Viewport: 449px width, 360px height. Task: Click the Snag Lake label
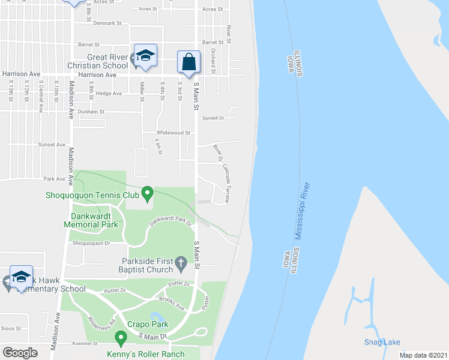click(x=382, y=343)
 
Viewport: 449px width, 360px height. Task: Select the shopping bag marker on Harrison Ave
click(x=188, y=63)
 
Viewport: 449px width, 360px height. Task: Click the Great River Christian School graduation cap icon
click(x=145, y=56)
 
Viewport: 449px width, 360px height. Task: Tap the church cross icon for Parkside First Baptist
click(x=181, y=262)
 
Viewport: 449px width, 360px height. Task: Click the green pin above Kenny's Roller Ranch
click(x=121, y=340)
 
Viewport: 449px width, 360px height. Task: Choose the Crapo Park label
click(x=146, y=325)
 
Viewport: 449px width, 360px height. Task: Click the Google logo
click(x=20, y=352)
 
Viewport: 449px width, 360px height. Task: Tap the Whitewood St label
click(x=173, y=133)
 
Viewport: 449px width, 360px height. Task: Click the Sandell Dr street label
click(x=212, y=118)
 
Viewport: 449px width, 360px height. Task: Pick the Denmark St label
click(x=108, y=23)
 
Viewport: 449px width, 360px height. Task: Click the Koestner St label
click(x=85, y=344)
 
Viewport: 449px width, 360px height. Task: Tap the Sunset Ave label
click(x=52, y=145)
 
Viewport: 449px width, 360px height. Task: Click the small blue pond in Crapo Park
click(x=158, y=317)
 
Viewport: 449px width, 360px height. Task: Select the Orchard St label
click(x=213, y=58)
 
